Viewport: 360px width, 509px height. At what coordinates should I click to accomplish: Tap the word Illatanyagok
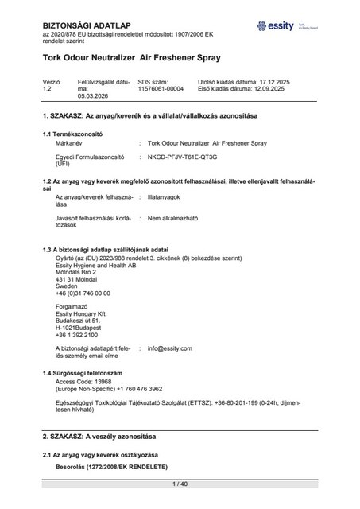167,195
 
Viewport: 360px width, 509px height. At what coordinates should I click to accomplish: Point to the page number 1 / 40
180,483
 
